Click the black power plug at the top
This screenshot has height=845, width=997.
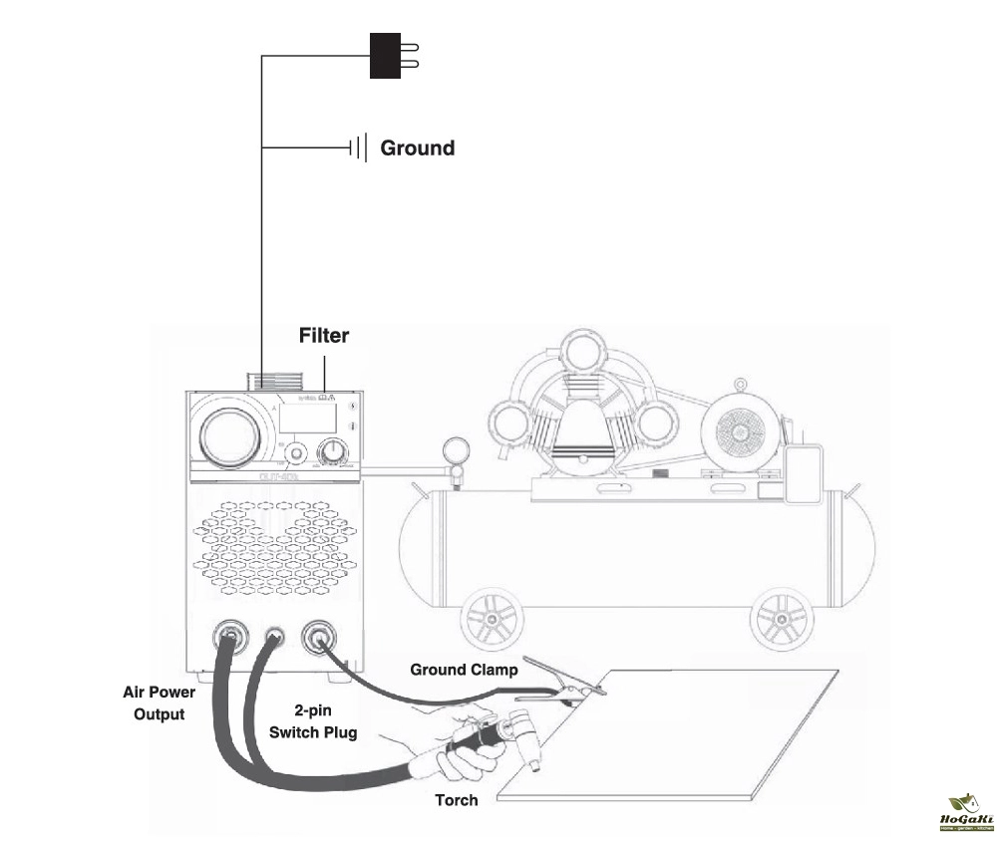click(x=386, y=55)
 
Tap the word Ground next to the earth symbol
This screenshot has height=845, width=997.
click(x=418, y=148)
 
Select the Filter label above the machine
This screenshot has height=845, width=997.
click(x=324, y=336)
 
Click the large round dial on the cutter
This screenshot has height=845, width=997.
click(x=228, y=435)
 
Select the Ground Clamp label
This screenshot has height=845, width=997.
click(x=464, y=670)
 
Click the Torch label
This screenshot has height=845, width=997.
click(x=456, y=800)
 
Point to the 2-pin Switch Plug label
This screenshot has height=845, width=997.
click(x=313, y=721)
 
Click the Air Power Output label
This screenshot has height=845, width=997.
click(x=160, y=702)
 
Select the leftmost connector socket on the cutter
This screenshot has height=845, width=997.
click(x=228, y=636)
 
